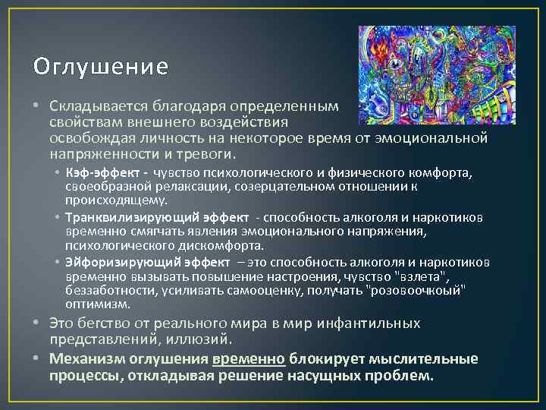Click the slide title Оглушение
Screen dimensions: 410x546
(x=100, y=68)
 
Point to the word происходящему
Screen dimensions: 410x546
(x=115, y=200)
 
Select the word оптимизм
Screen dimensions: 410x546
(x=97, y=304)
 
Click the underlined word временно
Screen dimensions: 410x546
(x=249, y=359)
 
